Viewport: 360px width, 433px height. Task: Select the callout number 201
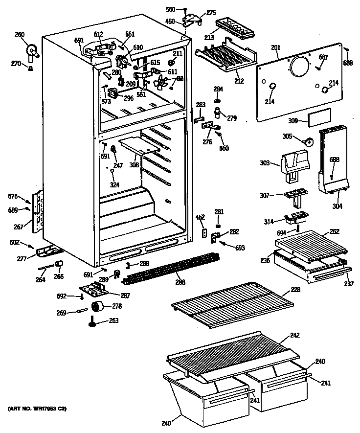(275, 47)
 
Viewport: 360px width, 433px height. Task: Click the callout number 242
(294, 335)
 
